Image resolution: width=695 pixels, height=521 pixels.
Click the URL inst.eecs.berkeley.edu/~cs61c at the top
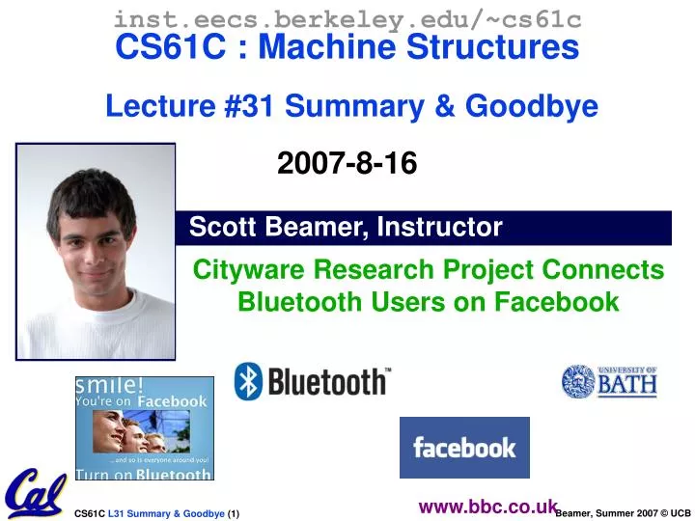pyautogui.click(x=347, y=17)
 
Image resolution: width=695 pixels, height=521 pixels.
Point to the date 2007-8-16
pyautogui.click(x=347, y=165)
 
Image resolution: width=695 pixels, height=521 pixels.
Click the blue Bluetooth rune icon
pyautogui.click(x=248, y=381)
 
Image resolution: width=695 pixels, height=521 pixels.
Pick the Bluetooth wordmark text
pyautogui.click(x=327, y=382)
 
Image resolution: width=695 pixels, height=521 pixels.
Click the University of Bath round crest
pyautogui.click(x=578, y=381)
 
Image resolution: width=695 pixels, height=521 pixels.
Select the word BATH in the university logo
pyautogui.click(x=626, y=386)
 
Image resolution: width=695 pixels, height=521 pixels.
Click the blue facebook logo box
pyautogui.click(x=464, y=448)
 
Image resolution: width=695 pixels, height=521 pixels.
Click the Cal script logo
pyautogui.click(x=35, y=493)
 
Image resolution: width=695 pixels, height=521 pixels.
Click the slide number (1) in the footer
pyautogui.click(x=233, y=514)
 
